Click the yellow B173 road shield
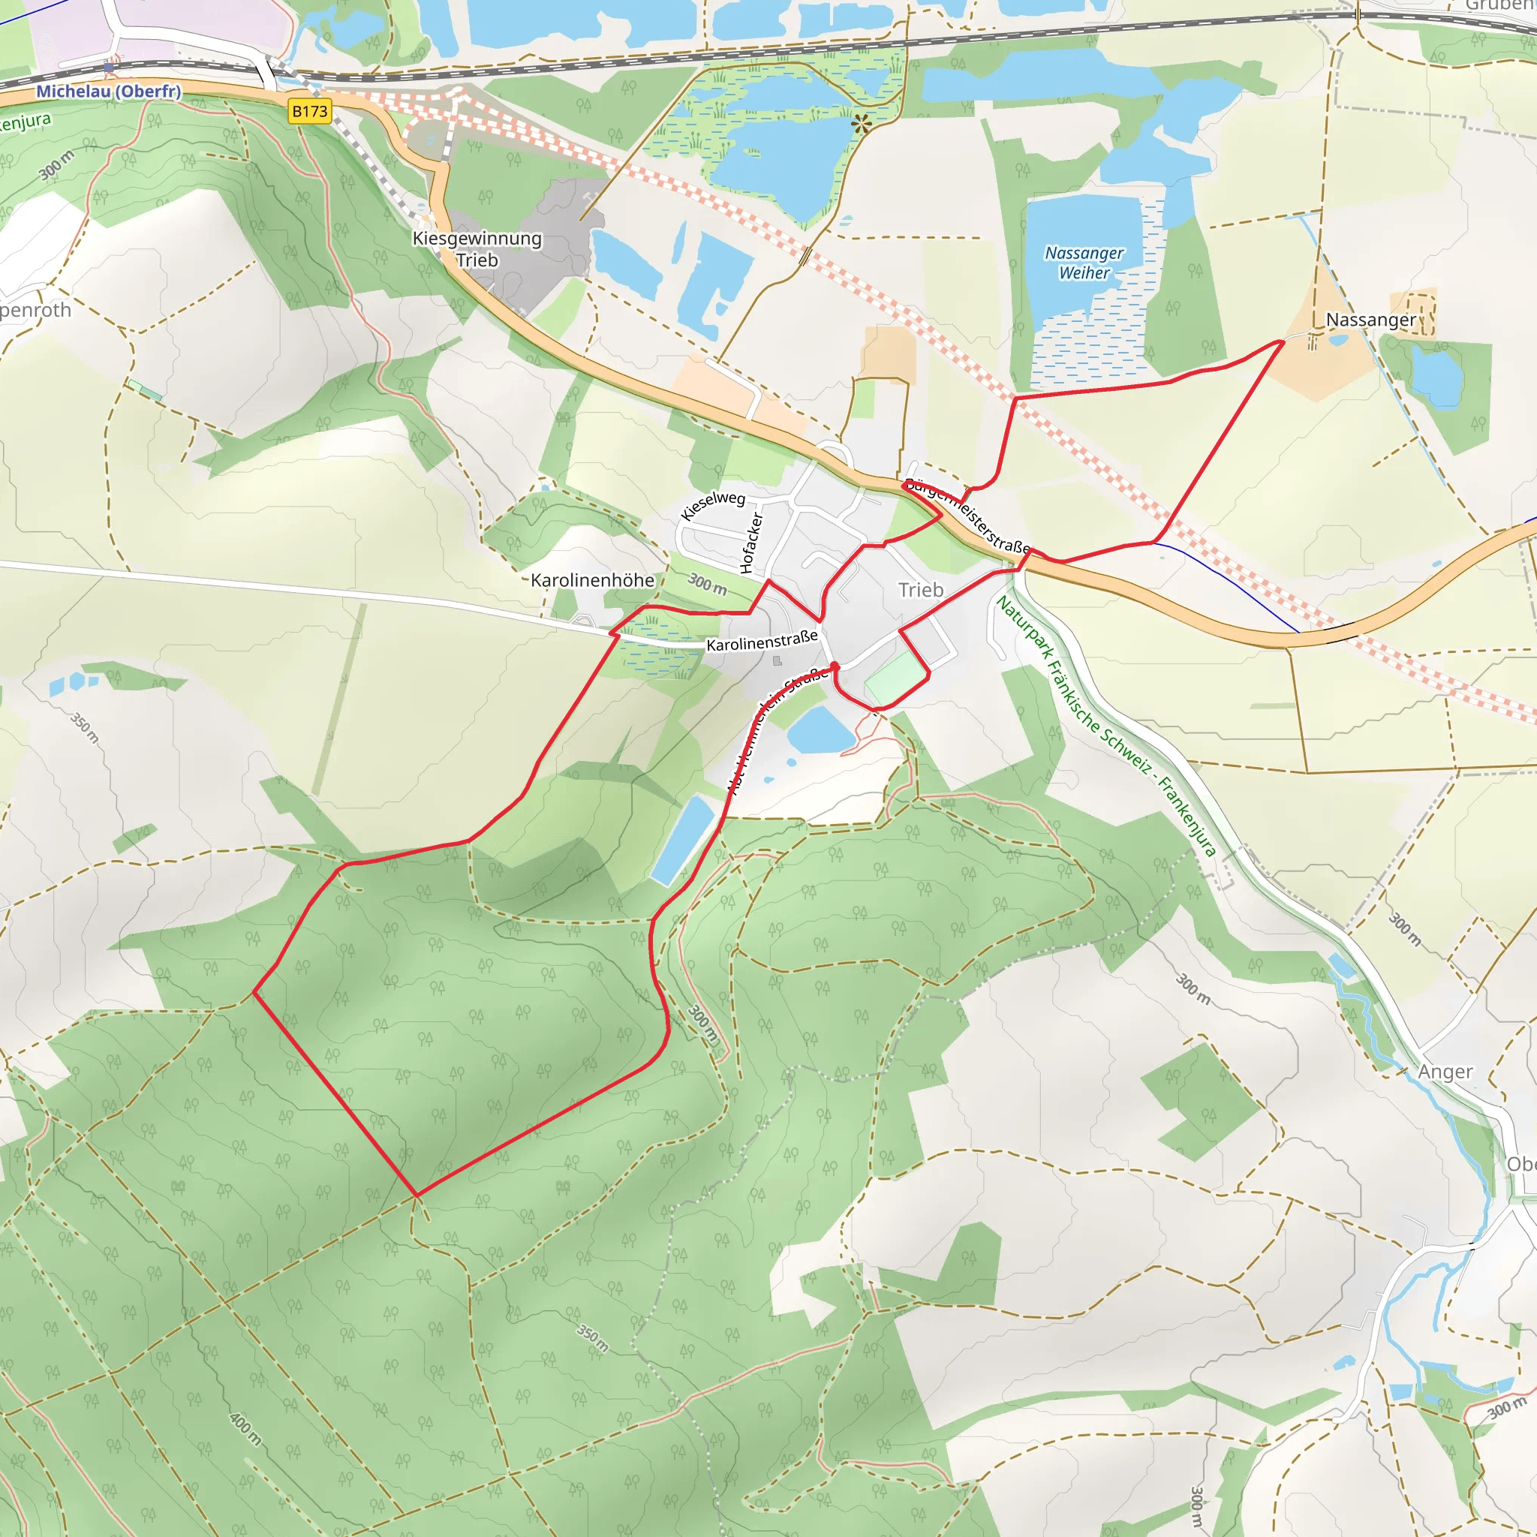[309, 111]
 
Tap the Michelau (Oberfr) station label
[108, 92]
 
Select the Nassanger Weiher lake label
[1084, 263]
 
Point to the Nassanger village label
[1370, 320]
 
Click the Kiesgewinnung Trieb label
[477, 249]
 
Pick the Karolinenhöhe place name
[593, 580]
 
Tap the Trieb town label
[920, 589]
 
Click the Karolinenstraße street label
[762, 640]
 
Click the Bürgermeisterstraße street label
[967, 516]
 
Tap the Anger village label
[1445, 1072]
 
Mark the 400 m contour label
[245, 1429]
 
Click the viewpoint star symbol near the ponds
[861, 123]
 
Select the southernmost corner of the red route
[417, 1194]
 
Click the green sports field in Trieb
[896, 678]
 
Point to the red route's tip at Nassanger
[1283, 341]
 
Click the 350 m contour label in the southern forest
[593, 1338]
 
